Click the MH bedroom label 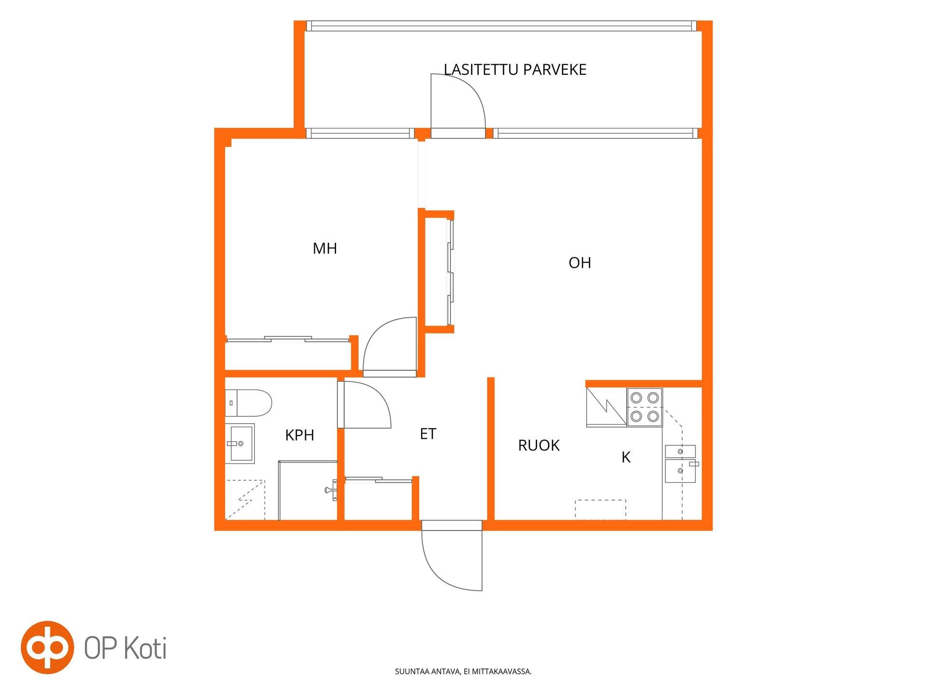click(325, 249)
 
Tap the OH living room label click(580, 263)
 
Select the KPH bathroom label click(299, 435)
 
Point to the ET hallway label click(428, 434)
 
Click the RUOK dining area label click(539, 445)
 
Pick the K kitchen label click(626, 457)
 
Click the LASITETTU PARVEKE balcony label click(515, 69)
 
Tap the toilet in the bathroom click(248, 403)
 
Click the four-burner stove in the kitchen click(645, 407)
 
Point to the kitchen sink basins click(681, 464)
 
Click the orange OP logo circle click(47, 647)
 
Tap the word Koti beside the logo click(146, 648)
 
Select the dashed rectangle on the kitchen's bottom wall click(600, 510)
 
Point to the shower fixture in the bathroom click(332, 490)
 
